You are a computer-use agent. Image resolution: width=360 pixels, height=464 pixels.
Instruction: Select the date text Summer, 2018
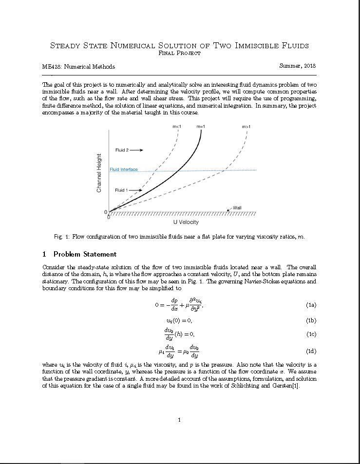coord(298,66)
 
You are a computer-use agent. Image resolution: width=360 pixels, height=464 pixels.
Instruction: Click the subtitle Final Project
coord(180,53)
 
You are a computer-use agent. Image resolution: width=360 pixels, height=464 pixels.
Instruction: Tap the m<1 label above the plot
coord(177,127)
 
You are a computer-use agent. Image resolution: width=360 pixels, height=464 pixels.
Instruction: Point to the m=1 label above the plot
coord(201,127)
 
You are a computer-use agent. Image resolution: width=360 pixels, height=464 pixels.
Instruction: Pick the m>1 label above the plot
coord(246,127)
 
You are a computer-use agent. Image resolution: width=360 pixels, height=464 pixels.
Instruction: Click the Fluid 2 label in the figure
coord(122,150)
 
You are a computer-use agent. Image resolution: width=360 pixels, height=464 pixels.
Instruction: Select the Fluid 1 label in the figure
coord(121,190)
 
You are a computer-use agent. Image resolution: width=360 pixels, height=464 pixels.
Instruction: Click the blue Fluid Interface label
coord(124,169)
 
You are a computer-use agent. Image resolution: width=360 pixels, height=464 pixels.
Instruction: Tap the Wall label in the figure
coord(237,208)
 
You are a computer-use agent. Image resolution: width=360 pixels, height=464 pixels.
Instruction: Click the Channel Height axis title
coord(99,173)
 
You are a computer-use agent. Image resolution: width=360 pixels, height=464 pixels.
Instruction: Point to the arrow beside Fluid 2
coord(136,150)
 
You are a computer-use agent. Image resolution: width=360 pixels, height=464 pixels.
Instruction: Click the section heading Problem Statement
coord(85,254)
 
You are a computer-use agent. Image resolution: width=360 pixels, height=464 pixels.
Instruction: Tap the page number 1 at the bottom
coord(179,420)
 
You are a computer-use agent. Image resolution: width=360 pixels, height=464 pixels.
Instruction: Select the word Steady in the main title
coord(66,46)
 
